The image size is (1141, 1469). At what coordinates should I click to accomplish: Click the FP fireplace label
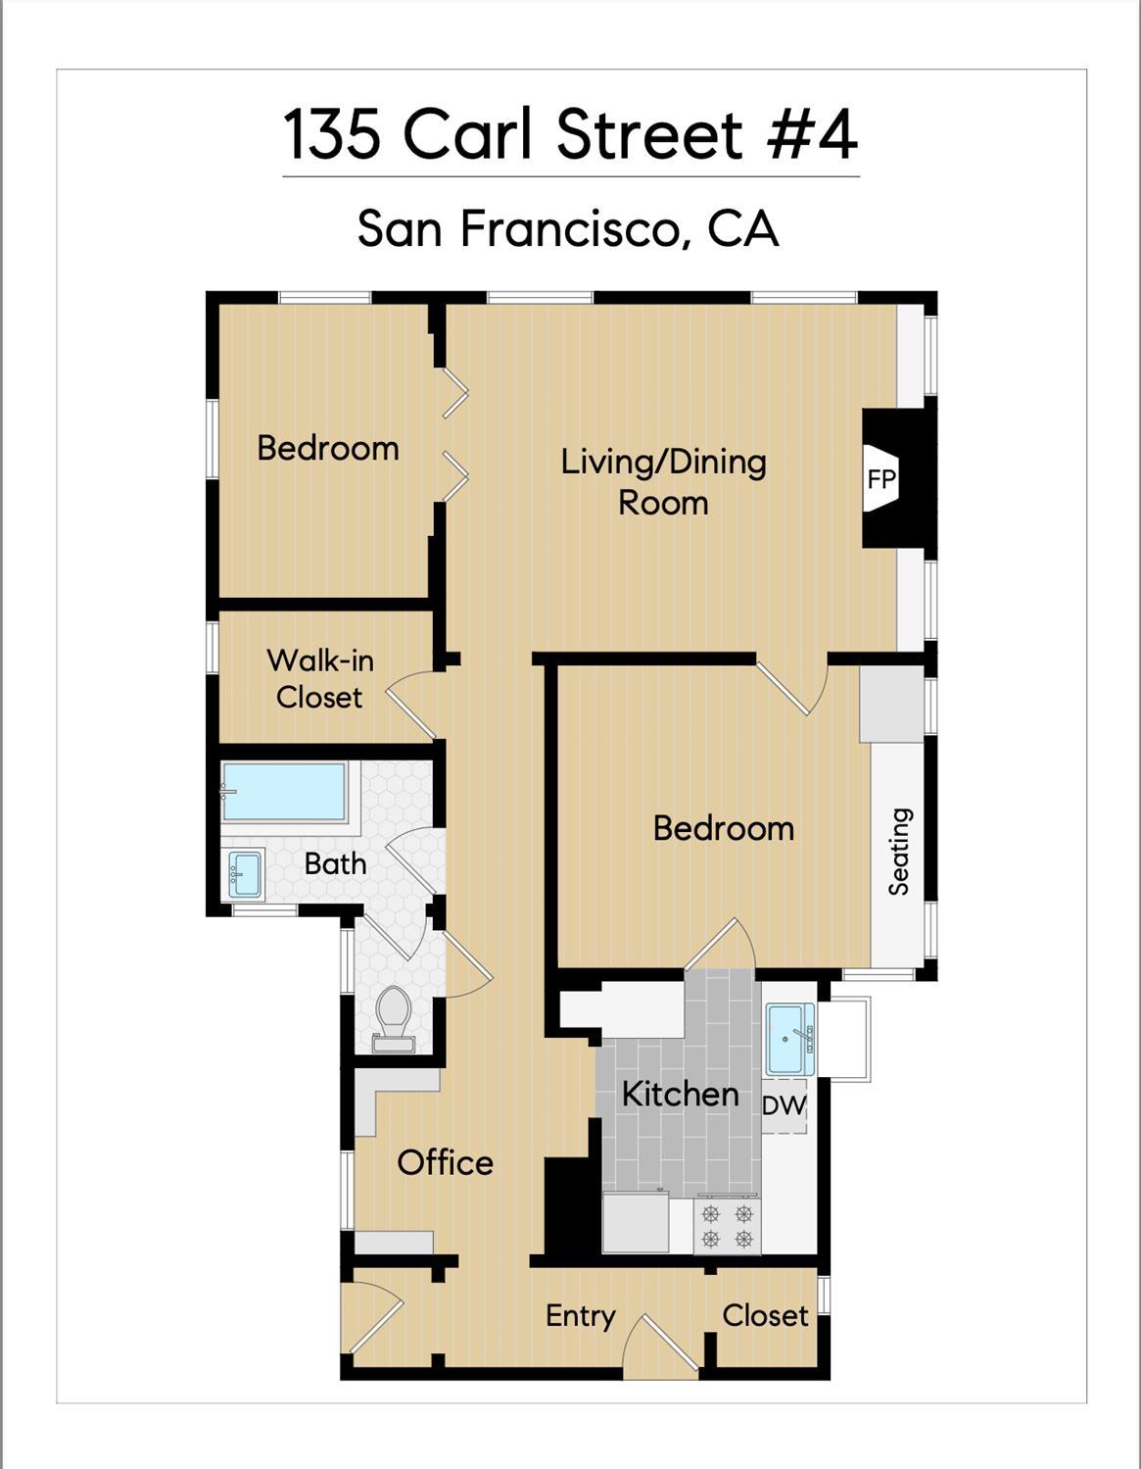tap(881, 479)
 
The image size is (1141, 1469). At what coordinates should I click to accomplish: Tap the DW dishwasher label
tap(784, 1105)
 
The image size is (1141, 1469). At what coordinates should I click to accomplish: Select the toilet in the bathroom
tap(394, 1013)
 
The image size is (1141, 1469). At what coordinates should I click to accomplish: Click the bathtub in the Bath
tap(284, 791)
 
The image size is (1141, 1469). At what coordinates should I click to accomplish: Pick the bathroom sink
tap(245, 874)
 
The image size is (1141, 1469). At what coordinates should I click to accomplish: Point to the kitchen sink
tap(788, 1039)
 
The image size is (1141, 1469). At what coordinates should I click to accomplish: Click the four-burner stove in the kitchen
tap(727, 1226)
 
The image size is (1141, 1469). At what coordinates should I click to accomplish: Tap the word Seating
tap(899, 851)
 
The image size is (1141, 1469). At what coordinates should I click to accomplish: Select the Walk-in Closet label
tap(320, 678)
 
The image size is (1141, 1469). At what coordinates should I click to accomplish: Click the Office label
tap(445, 1163)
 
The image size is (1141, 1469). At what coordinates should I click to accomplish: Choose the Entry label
tap(580, 1316)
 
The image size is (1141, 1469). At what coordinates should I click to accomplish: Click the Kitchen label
tap(680, 1094)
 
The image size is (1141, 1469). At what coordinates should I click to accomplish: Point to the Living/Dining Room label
tap(663, 481)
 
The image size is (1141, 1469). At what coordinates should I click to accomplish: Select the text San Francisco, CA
tap(568, 228)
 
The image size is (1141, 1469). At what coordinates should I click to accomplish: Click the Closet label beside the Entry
tap(765, 1315)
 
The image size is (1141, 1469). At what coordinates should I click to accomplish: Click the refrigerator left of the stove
tap(636, 1222)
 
